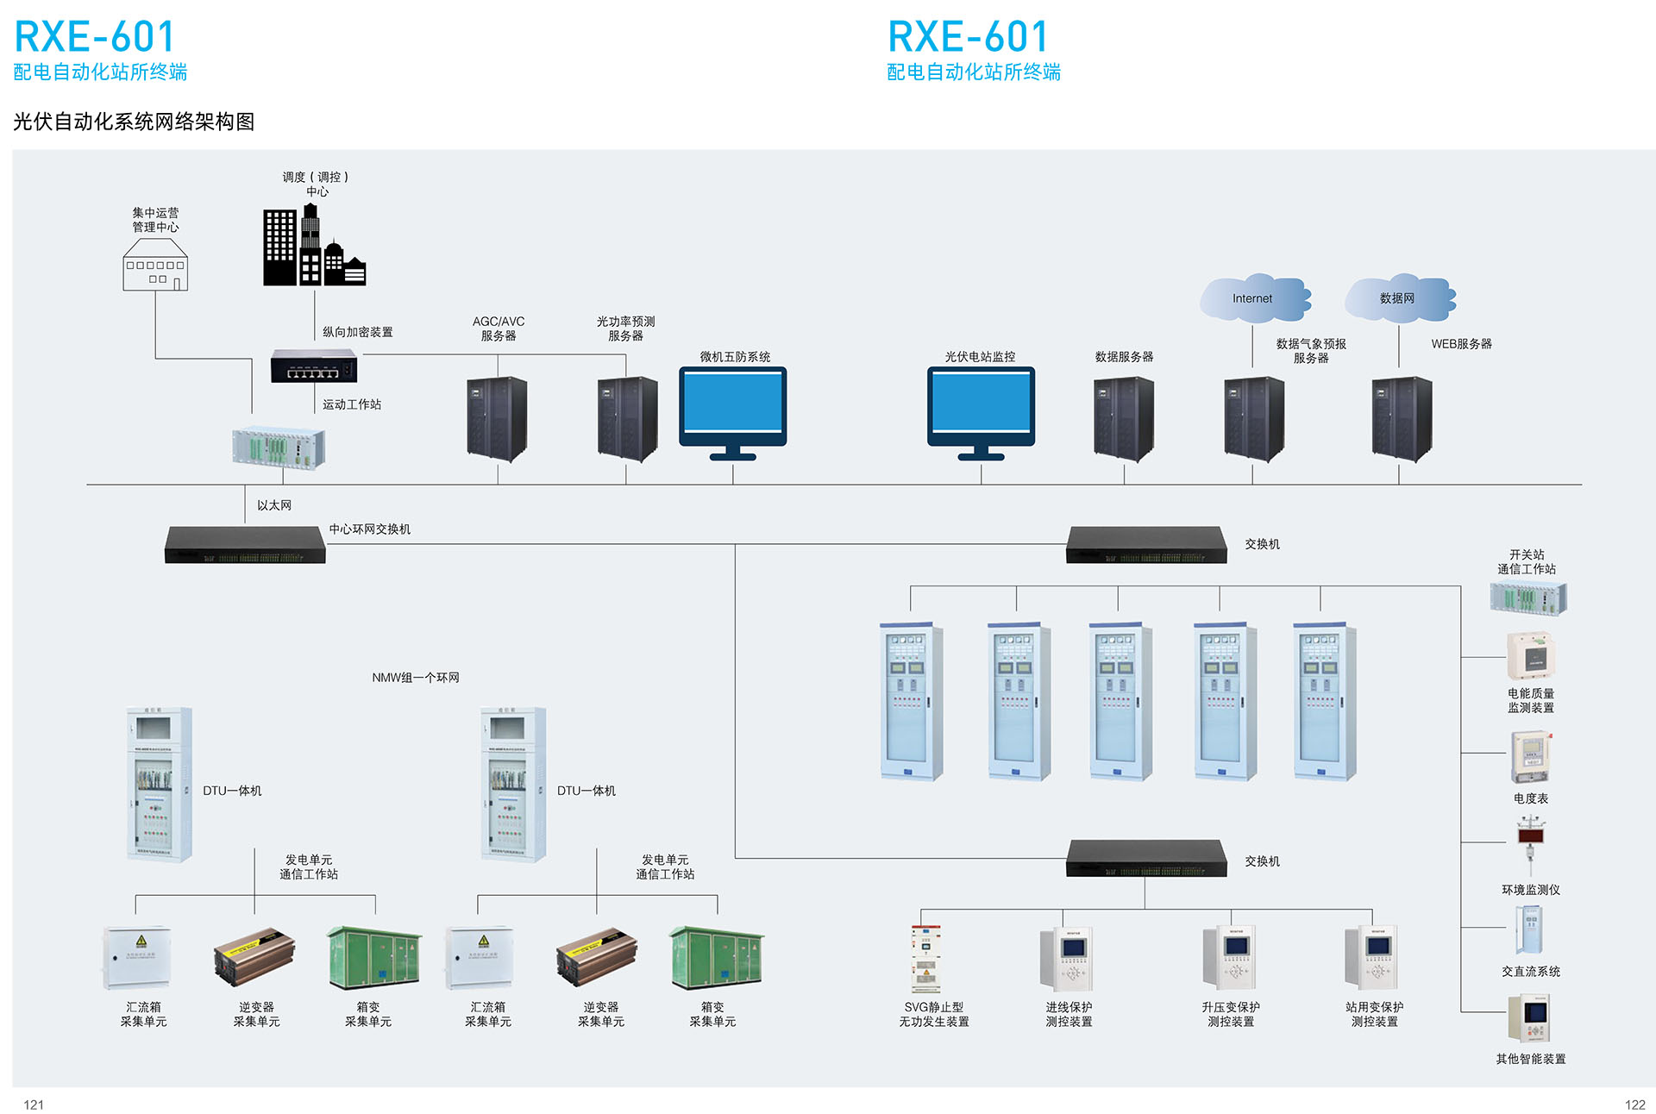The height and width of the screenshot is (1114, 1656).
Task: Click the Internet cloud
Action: [x=1254, y=298]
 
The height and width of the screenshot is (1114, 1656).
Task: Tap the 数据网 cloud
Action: [x=1398, y=298]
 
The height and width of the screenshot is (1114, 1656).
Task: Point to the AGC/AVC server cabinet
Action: [x=497, y=418]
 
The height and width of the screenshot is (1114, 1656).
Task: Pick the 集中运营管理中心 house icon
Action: [x=155, y=265]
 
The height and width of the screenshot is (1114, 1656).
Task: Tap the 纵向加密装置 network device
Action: [x=314, y=366]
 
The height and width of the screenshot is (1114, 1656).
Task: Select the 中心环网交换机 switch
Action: [x=245, y=545]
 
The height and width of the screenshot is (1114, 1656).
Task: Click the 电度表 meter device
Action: [x=1530, y=757]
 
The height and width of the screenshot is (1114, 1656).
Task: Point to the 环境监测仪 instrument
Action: [x=1531, y=845]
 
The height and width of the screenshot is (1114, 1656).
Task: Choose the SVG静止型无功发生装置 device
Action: [x=925, y=959]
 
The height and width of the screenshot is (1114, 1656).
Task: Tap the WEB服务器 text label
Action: [x=1461, y=344]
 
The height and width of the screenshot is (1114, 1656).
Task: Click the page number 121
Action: [x=34, y=1105]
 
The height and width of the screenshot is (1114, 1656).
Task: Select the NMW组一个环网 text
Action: [x=415, y=678]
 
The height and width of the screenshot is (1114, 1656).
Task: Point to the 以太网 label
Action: [x=274, y=505]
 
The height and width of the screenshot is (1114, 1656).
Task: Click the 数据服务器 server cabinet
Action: [x=1123, y=419]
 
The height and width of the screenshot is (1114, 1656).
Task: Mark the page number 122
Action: [x=1634, y=1105]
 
